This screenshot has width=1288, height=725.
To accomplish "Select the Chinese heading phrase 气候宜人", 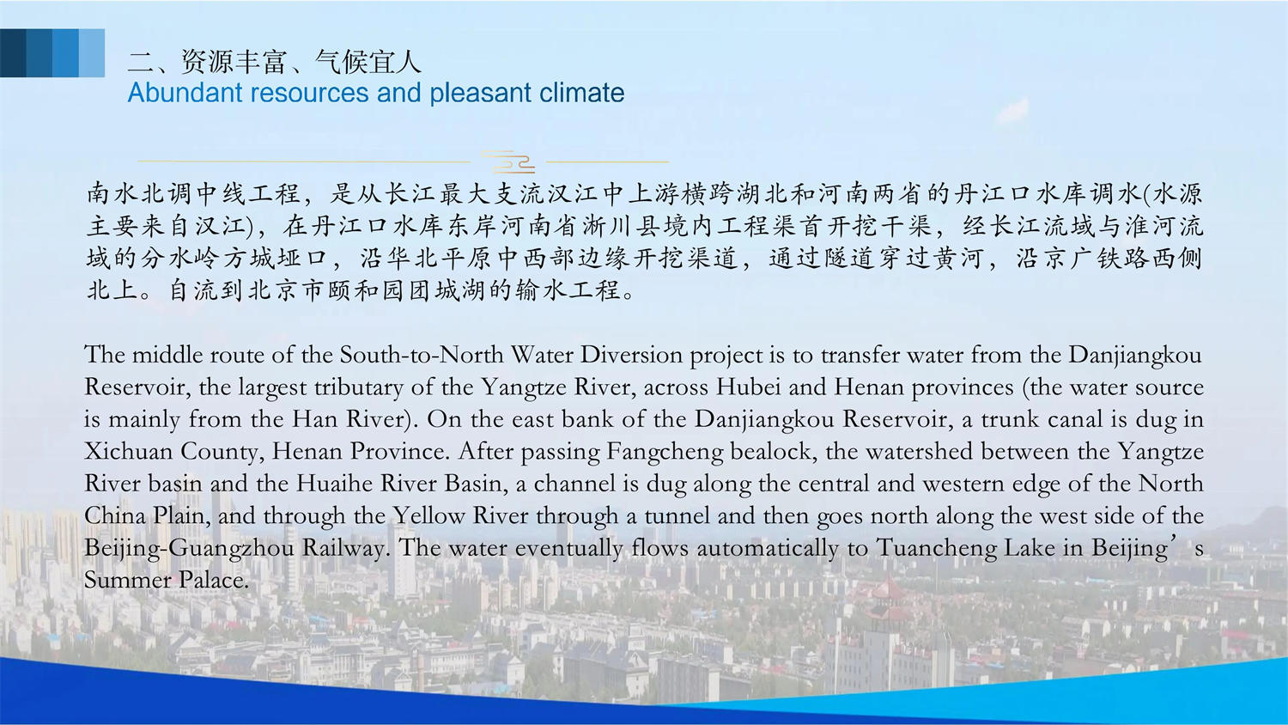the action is (x=368, y=62).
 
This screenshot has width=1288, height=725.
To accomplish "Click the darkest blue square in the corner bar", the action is (x=13, y=53).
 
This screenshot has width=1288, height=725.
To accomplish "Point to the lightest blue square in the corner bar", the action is (x=92, y=53).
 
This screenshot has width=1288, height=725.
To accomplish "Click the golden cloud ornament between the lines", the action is (x=508, y=161).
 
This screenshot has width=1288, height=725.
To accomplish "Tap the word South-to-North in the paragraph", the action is (x=422, y=355).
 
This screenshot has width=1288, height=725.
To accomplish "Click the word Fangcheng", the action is (x=665, y=452).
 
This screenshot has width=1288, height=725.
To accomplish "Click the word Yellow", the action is (x=428, y=515).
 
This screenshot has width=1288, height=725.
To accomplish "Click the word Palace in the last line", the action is (x=213, y=580).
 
